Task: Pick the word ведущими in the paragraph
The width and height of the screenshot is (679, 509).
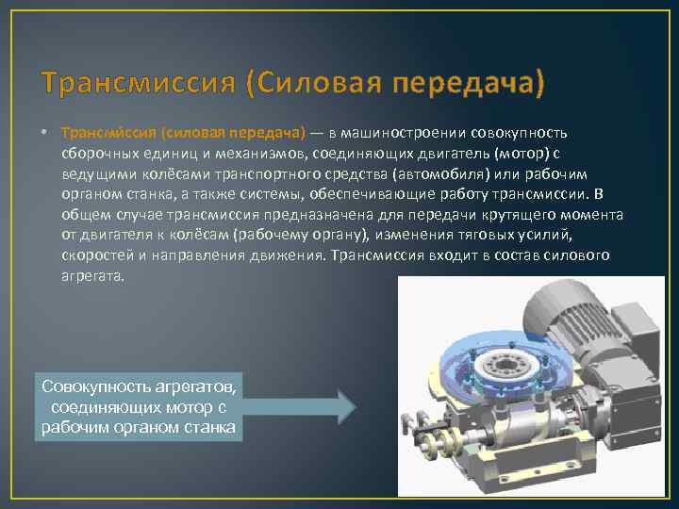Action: (x=91, y=173)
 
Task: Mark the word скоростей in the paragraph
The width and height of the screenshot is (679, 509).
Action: (x=94, y=256)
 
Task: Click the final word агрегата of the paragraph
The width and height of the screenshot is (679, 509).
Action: (x=92, y=277)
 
